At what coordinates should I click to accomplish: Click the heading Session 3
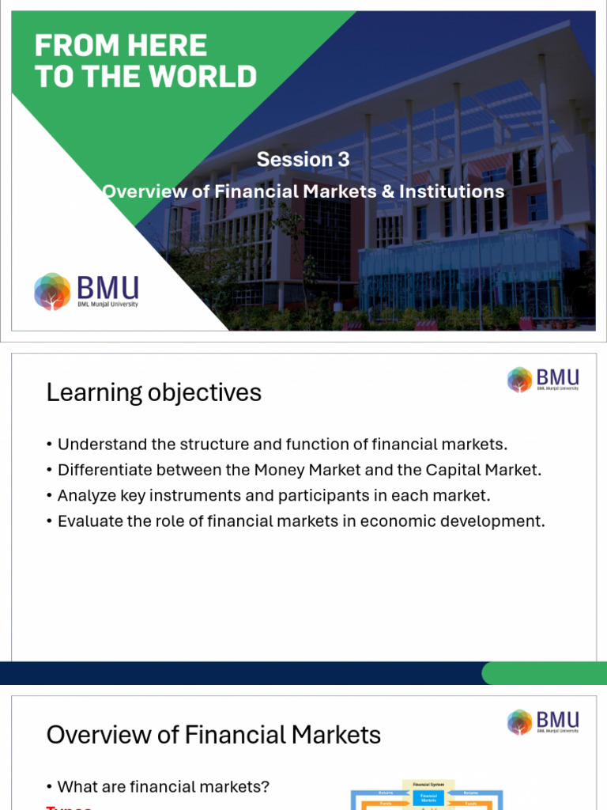click(x=303, y=159)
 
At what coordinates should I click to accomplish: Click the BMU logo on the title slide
click(x=86, y=291)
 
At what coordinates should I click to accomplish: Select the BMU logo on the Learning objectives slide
click(x=543, y=380)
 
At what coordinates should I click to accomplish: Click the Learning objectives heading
click(x=154, y=392)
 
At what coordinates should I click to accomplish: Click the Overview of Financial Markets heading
click(x=213, y=735)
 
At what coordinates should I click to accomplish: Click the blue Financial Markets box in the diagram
click(x=428, y=798)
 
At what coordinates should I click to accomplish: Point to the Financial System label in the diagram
click(x=428, y=784)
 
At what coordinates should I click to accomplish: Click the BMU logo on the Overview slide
click(x=543, y=721)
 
